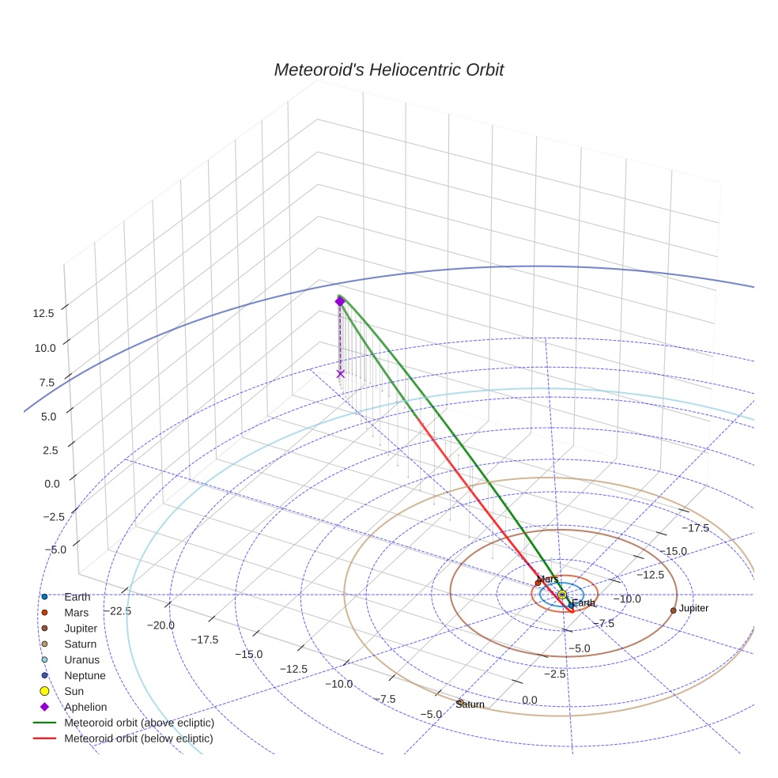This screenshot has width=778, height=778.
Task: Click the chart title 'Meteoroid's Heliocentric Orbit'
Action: [388, 70]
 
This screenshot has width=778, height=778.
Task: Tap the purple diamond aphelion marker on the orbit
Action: [340, 301]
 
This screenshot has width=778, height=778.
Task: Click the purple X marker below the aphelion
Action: [340, 373]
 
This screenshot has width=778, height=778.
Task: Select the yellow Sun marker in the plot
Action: [562, 595]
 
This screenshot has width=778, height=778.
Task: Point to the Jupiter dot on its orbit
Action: [673, 610]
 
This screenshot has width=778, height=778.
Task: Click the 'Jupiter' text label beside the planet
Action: [693, 608]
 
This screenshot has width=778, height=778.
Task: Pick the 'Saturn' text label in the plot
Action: [470, 704]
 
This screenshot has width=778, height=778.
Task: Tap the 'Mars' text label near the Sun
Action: [548, 580]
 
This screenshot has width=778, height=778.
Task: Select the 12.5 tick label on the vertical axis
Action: [43, 313]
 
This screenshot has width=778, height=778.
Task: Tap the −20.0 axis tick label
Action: [161, 625]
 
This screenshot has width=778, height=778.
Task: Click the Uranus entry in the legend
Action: [81, 659]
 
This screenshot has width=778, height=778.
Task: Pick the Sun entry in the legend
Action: [75, 691]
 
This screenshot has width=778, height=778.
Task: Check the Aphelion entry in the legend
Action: [85, 707]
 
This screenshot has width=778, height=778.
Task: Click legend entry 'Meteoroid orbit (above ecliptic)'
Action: [139, 723]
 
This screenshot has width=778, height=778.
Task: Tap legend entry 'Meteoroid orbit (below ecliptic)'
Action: [138, 738]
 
